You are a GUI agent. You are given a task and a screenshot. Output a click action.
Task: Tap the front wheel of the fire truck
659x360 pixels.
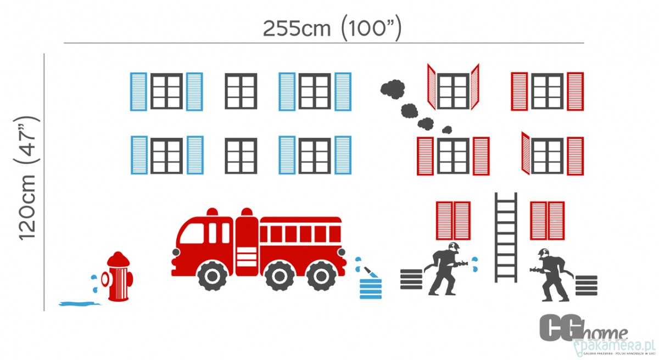point(211,275)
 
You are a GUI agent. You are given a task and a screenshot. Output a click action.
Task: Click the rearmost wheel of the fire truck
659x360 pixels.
point(321,275)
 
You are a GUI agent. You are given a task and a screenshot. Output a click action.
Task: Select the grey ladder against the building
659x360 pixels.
point(506,237)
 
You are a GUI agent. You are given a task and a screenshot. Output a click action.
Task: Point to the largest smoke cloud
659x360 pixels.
point(393,88)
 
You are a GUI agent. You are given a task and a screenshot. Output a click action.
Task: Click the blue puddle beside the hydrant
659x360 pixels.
point(79,302)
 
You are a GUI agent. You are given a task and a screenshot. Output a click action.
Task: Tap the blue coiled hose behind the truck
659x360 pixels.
point(370,288)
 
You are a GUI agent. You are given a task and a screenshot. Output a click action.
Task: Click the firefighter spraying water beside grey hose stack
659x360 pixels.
point(445,269)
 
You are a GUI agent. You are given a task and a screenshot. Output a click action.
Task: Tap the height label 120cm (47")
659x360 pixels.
point(27,178)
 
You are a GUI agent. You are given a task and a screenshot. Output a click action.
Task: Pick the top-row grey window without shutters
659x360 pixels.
point(241,91)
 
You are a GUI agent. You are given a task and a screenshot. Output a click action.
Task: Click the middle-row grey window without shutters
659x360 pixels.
point(241,156)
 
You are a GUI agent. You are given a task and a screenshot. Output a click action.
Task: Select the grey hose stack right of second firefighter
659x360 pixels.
point(587,285)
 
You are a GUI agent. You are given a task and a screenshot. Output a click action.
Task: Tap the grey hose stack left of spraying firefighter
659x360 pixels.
point(411,279)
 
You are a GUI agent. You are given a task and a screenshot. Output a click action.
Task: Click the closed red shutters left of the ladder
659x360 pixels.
point(453,221)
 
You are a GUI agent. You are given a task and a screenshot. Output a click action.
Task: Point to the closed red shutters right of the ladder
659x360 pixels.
point(547,221)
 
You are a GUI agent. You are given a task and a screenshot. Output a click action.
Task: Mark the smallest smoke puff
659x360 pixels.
point(447,130)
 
